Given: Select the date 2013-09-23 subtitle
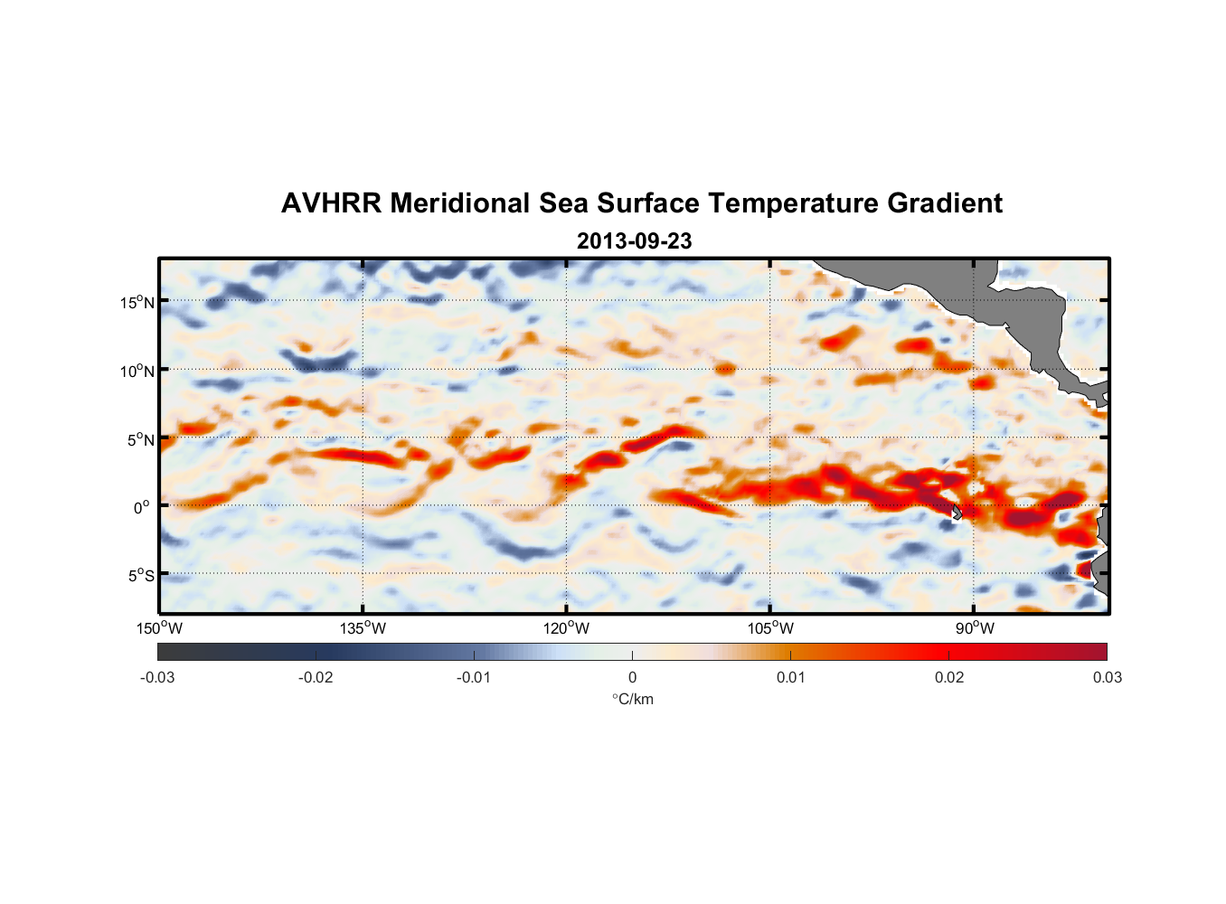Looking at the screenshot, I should tap(634, 241).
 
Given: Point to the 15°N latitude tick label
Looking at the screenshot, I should tap(137, 302).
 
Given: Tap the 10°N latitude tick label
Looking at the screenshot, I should tap(137, 371).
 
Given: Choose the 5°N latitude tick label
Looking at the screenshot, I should tap(139, 439).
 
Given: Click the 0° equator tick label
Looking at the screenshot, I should tap(142, 507).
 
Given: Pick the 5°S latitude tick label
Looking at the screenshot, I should tap(139, 575).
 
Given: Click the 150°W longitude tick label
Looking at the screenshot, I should tap(159, 628).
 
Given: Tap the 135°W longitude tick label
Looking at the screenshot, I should tap(363, 628).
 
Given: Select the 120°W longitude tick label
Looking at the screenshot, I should tap(567, 628).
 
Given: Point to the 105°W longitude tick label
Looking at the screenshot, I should tap(770, 628).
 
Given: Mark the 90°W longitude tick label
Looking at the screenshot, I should tap(975, 628).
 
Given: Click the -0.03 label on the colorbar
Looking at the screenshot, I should tap(157, 677).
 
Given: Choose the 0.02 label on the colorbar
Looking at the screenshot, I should tap(949, 677).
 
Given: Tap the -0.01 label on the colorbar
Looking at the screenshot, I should tap(474, 677).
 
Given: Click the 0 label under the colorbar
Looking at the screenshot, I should tap(632, 677).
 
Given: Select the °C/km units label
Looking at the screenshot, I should tap(633, 699).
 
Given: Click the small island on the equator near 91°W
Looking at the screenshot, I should tap(957, 513).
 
